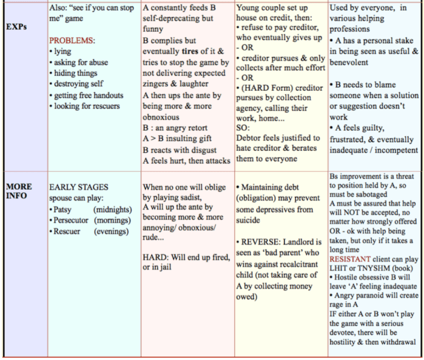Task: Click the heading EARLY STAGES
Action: (79, 187)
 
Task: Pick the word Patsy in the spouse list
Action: (67, 209)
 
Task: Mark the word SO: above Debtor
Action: (242, 128)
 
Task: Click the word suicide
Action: (249, 220)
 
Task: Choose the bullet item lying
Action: (62, 51)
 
